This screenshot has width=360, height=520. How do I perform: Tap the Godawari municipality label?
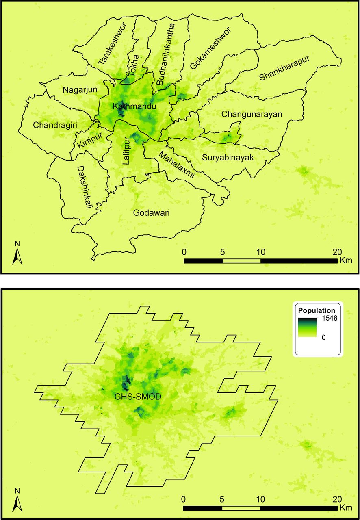tap(151, 213)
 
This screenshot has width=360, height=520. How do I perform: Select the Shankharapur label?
tap(284, 68)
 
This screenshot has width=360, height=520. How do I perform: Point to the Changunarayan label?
tap(252, 115)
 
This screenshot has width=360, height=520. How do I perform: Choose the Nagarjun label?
tap(80, 90)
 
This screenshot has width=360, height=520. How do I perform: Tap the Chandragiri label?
tap(55, 124)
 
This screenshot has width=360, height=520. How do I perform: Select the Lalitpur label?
tap(127, 151)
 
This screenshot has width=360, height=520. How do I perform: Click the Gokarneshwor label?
tap(210, 49)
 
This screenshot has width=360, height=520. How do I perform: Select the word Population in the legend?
tap(317, 310)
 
